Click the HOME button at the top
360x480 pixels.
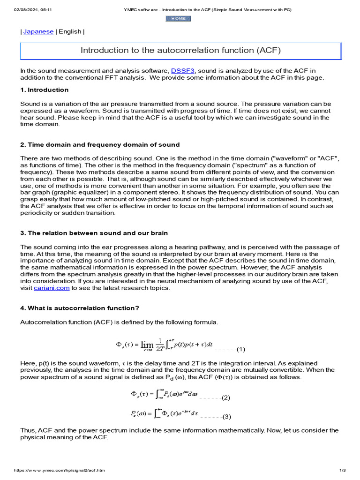tap(178, 18)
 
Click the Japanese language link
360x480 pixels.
tap(38, 31)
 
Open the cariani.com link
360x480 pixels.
tap(52, 288)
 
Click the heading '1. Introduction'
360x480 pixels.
tap(45, 90)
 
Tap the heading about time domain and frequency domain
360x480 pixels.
tap(100, 144)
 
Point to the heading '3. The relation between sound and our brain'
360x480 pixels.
tap(94, 233)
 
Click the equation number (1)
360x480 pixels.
tap(241, 349)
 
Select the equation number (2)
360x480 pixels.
tap(226, 397)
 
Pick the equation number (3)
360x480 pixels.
tap(227, 417)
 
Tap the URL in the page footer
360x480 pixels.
tap(60, 470)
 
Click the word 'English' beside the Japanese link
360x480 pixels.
tap(70, 31)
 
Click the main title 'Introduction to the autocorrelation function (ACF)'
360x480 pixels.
tap(181, 50)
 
